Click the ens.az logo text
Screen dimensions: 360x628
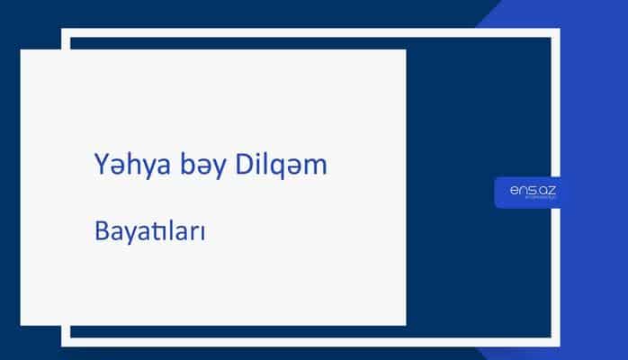(x=527, y=191)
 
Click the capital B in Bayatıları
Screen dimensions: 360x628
(x=101, y=231)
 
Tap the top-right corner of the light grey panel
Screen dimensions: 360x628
(x=405, y=50)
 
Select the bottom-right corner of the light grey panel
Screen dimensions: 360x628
(x=405, y=324)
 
